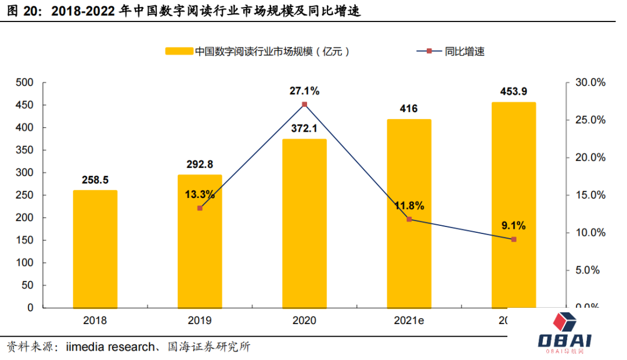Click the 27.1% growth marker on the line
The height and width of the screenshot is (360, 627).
click(x=304, y=105)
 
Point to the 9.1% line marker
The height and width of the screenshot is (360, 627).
click(x=514, y=239)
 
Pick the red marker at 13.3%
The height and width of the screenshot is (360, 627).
click(x=200, y=208)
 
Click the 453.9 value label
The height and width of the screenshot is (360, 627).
click(x=514, y=92)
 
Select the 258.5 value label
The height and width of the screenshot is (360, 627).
click(x=95, y=180)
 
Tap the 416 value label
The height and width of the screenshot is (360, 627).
click(x=409, y=109)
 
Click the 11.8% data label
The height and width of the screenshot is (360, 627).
click(x=409, y=206)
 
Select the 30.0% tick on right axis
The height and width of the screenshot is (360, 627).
click(x=589, y=82)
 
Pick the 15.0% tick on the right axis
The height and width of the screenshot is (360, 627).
click(x=589, y=195)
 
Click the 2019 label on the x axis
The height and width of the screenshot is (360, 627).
click(x=200, y=320)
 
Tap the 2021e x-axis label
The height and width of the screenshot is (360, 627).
click(x=409, y=320)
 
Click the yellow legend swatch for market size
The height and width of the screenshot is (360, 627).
click(x=179, y=51)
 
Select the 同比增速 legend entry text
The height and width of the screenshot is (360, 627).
click(x=464, y=51)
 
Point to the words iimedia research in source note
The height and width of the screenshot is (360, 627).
click(x=110, y=347)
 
